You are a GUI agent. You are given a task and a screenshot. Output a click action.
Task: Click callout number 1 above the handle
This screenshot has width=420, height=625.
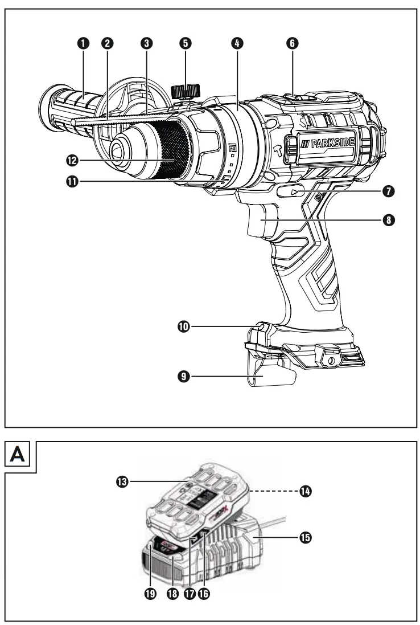(x=84, y=43)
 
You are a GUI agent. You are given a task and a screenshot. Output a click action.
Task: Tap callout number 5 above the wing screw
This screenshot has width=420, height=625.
(x=186, y=43)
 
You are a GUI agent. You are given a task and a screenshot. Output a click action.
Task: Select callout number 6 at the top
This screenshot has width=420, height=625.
(x=292, y=43)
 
